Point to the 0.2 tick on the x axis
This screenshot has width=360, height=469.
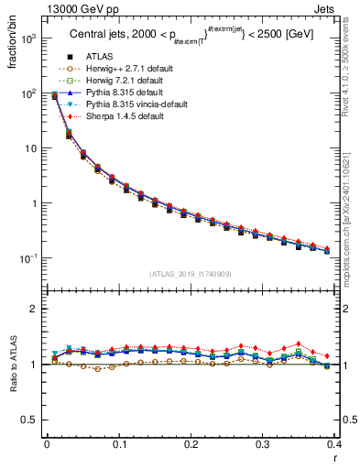pos(191,444)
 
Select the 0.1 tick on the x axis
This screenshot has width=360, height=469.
pos(119,444)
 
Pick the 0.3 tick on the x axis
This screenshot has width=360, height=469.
pos(263,444)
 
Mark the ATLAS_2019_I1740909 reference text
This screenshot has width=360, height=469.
pos(191,273)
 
